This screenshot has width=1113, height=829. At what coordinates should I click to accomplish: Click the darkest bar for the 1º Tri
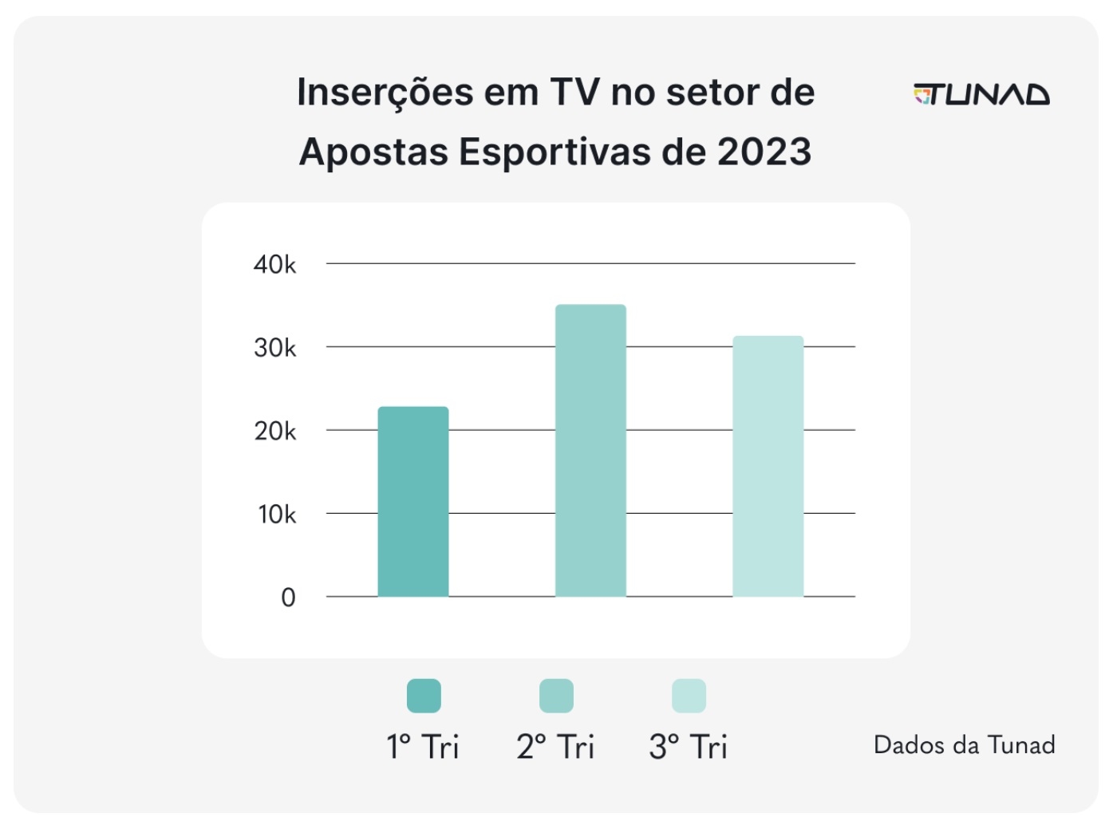point(413,502)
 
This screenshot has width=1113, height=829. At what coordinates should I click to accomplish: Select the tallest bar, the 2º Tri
point(590,451)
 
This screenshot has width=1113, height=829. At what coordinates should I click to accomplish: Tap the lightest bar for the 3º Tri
point(768,467)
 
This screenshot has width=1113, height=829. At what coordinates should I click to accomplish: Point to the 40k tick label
point(274,264)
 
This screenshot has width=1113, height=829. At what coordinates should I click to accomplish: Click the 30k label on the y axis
point(274,348)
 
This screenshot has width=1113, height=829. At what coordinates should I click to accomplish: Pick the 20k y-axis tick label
point(274,431)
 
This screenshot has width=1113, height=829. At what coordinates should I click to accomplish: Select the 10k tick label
point(277,515)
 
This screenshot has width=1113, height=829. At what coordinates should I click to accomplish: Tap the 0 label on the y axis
point(288,598)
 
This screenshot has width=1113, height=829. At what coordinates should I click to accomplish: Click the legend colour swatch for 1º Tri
point(424,696)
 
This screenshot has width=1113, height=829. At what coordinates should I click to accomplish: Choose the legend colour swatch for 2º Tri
point(556,696)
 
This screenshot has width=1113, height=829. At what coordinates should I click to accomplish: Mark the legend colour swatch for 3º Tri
point(689,696)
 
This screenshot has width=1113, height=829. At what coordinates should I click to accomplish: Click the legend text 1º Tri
point(423,747)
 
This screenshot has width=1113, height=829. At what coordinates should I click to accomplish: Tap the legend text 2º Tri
point(555,747)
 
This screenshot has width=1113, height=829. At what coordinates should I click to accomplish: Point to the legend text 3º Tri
point(688,747)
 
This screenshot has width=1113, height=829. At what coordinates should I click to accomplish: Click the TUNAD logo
point(981,95)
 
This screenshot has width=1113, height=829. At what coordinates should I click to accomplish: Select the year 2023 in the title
point(764,152)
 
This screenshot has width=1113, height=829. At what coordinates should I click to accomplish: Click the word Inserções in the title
point(385,93)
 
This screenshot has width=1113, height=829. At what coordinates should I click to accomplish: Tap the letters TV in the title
point(574,93)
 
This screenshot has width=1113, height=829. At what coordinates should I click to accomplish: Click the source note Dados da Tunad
point(964,744)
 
